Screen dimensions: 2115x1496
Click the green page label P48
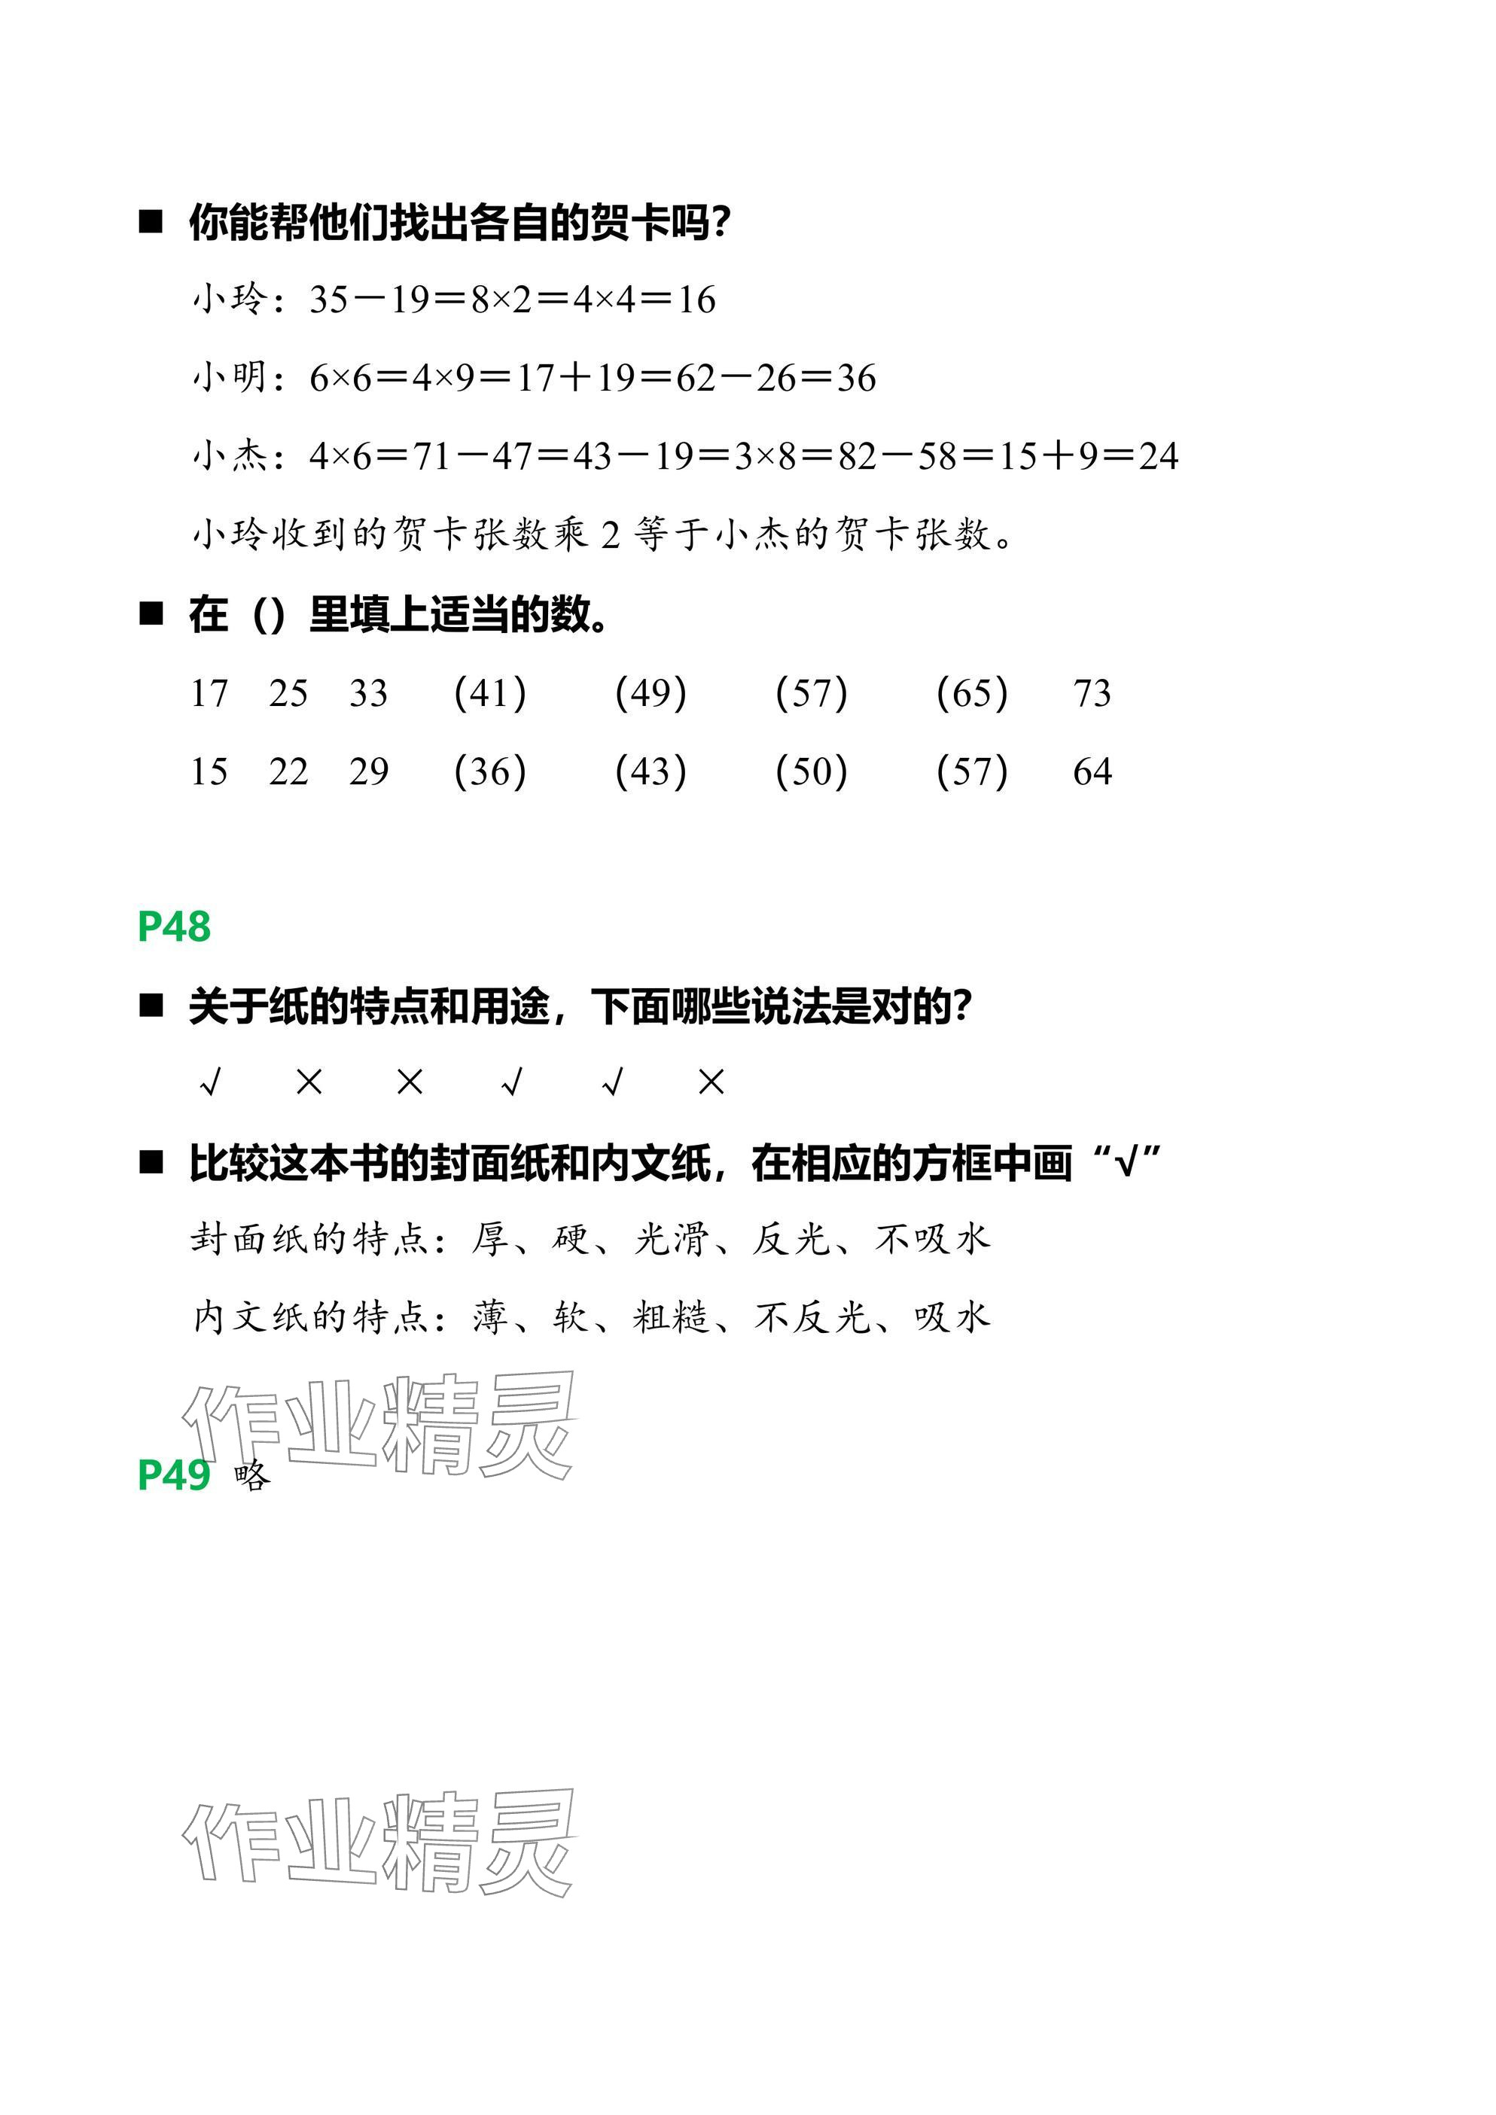pos(174,927)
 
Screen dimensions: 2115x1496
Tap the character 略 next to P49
pos(252,1477)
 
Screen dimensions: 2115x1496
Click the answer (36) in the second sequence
pos(490,771)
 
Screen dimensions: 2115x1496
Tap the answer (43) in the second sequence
pos(651,771)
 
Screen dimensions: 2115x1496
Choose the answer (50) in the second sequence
pos(811,771)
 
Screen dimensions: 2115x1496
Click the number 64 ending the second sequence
pos(1092,771)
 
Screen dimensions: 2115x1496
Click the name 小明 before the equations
pos(230,377)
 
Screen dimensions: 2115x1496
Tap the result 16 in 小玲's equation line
pos(696,300)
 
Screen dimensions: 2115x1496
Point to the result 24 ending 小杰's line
pos(1158,456)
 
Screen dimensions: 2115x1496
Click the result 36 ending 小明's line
pos(856,378)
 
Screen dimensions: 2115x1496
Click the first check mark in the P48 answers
pos(210,1082)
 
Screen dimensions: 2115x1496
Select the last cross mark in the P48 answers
pos(711,1082)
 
